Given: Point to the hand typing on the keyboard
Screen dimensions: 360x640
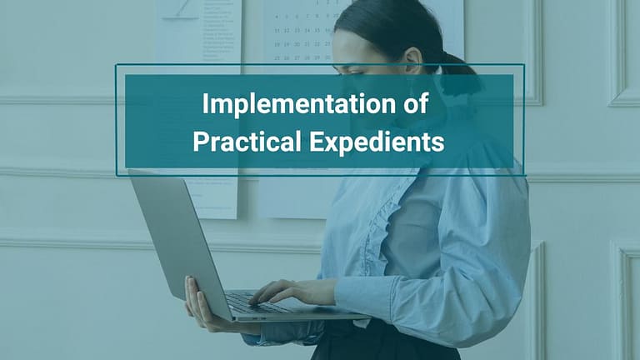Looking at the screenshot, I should [x=280, y=292].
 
